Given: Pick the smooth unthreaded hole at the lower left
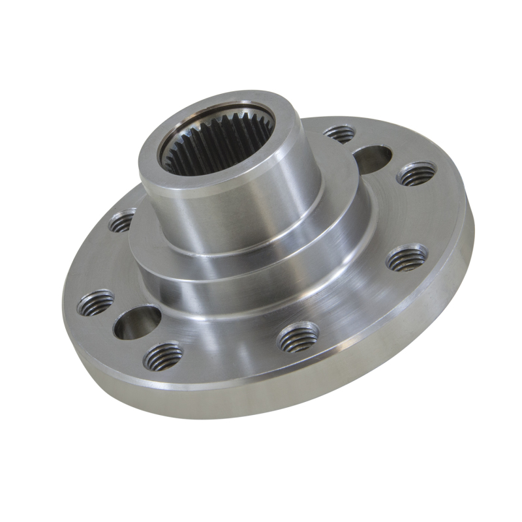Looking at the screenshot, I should (x=137, y=322).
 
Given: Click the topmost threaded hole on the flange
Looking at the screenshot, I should (x=339, y=134).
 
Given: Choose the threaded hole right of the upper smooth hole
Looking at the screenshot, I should (x=416, y=174).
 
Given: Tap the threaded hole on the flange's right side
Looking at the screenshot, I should (x=407, y=258).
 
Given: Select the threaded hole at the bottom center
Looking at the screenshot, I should (x=298, y=336).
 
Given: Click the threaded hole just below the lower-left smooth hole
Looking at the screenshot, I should (x=163, y=356).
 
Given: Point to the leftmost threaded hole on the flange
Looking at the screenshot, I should (x=95, y=303).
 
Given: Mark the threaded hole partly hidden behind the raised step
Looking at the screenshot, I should (x=122, y=221).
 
